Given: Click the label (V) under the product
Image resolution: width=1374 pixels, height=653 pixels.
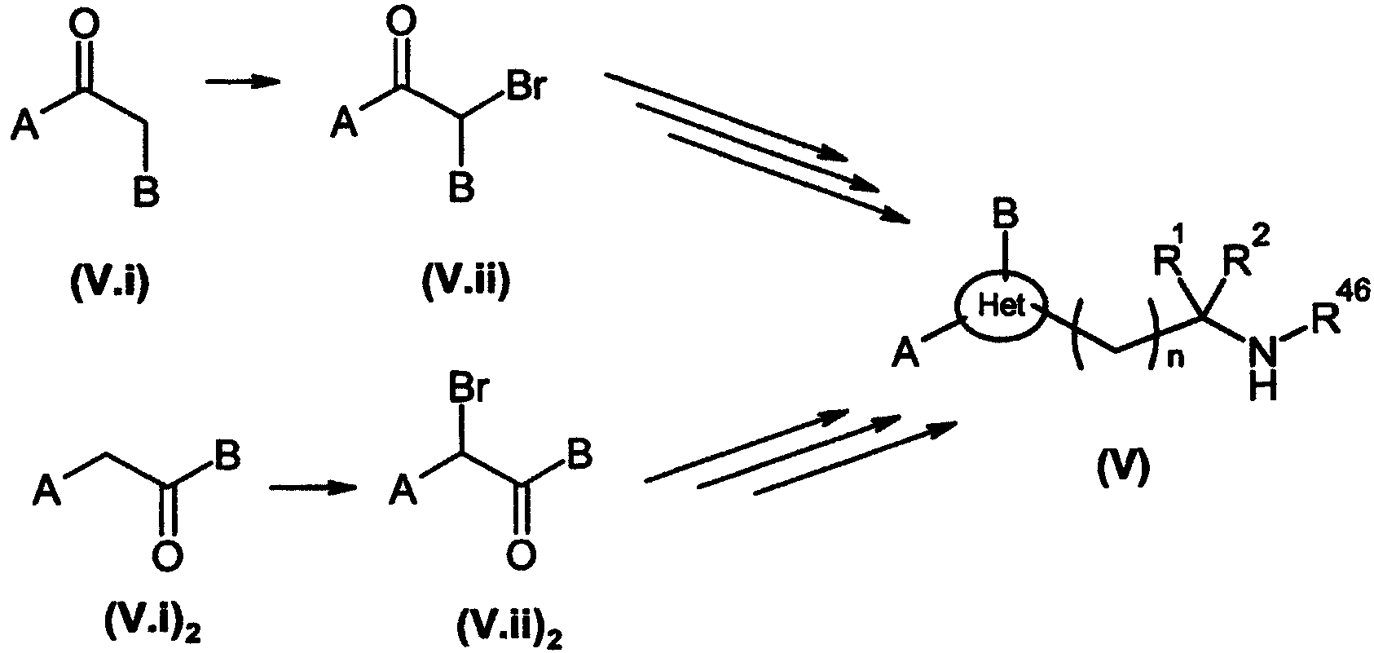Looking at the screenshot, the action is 1123,472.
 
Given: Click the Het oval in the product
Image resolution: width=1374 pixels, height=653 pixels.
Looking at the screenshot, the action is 1001,307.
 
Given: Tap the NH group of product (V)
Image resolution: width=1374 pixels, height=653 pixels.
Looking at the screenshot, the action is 1263,368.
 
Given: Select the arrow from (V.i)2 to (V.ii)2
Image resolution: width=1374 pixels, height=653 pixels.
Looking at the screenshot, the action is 313,488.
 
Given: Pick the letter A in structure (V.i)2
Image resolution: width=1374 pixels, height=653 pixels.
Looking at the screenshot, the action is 47,492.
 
